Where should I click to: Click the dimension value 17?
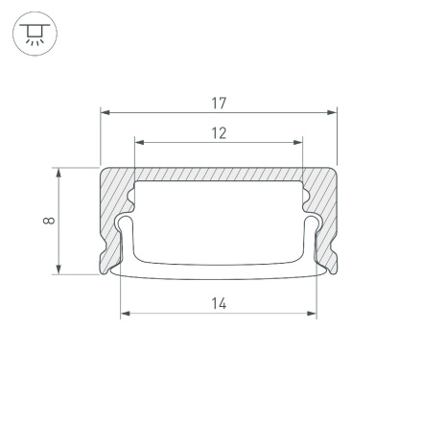click(x=219, y=103)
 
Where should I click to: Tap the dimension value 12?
click(x=219, y=133)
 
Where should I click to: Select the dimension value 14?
click(x=219, y=303)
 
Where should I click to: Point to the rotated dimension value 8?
click(x=49, y=222)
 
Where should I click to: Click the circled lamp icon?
click(x=35, y=35)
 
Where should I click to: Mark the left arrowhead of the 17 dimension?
click(x=105, y=112)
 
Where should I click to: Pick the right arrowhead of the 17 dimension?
click(x=335, y=112)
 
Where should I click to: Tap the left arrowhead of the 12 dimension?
click(x=138, y=143)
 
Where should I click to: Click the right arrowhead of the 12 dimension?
click(x=299, y=143)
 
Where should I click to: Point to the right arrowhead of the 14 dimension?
click(x=313, y=313)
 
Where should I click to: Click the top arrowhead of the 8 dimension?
click(x=59, y=173)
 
